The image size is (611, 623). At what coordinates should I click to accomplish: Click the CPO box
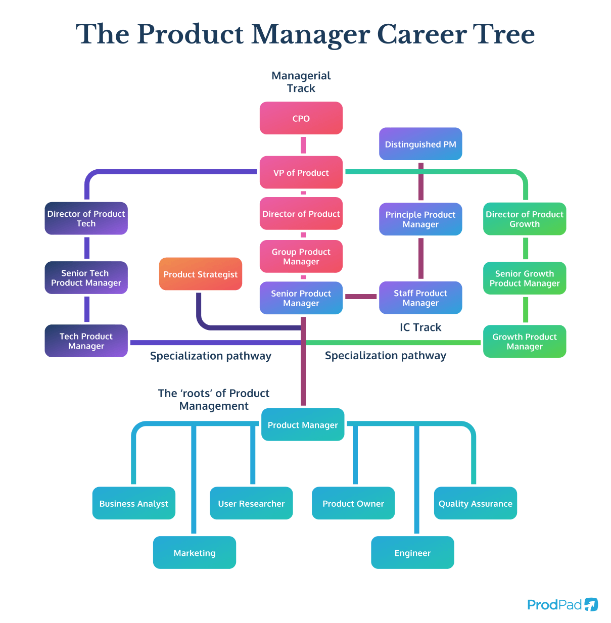click(x=301, y=118)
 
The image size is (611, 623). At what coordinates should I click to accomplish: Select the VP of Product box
click(x=301, y=172)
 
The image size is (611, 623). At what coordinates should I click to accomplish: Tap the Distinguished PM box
click(x=420, y=144)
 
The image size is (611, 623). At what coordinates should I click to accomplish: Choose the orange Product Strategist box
click(x=200, y=274)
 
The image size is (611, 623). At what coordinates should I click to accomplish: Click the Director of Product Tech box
click(x=86, y=219)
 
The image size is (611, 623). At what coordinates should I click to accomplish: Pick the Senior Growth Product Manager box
click(x=524, y=278)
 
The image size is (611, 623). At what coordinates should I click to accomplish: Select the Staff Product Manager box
click(x=420, y=298)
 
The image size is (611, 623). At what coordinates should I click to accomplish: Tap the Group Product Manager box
click(x=301, y=256)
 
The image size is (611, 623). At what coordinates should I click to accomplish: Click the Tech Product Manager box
click(x=86, y=341)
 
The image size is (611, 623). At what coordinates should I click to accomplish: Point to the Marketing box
click(x=194, y=552)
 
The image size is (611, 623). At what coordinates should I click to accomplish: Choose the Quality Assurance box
click(x=475, y=503)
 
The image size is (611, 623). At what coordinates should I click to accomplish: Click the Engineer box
click(x=412, y=552)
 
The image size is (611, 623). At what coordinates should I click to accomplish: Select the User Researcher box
click(x=251, y=503)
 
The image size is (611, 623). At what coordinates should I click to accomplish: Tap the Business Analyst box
click(x=133, y=503)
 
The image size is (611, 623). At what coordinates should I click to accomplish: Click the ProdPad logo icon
click(x=591, y=604)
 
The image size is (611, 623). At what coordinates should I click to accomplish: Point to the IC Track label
click(x=420, y=327)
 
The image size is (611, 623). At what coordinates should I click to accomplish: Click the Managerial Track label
click(x=301, y=82)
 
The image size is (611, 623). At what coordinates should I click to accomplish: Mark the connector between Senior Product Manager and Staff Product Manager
click(x=361, y=297)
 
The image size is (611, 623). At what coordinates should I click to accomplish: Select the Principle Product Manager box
click(x=420, y=219)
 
